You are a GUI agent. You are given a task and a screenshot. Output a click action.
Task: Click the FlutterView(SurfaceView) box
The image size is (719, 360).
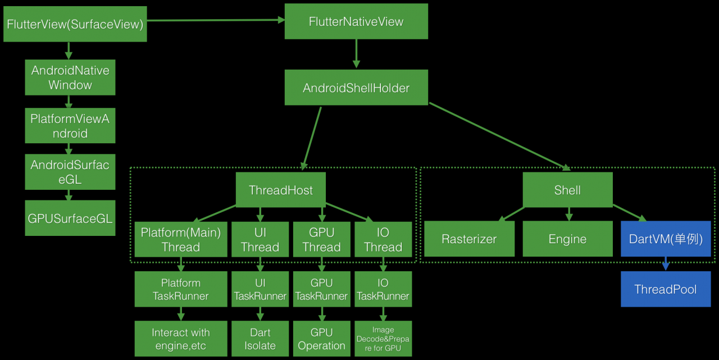point(75,24)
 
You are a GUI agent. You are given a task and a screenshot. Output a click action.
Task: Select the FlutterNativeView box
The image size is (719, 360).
point(356,21)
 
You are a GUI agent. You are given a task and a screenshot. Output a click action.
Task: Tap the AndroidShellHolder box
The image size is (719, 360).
point(356,88)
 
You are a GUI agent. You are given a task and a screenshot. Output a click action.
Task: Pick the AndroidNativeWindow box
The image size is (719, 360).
point(70,78)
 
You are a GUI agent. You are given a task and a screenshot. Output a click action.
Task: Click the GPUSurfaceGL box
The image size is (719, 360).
point(70,218)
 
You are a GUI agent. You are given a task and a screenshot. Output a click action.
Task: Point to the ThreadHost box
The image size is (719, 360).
point(281,190)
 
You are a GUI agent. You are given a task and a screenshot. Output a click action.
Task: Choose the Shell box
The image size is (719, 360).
point(567,190)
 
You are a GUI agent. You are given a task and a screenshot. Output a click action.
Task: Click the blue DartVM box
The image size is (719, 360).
point(666,239)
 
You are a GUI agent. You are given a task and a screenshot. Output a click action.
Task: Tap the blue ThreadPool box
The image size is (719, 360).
point(666,289)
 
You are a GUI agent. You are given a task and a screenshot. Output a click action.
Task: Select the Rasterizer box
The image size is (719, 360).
point(469,239)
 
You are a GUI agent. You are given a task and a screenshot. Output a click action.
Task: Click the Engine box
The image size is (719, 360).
point(567,239)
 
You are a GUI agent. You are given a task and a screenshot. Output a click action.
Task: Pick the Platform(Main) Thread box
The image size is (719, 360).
point(181,239)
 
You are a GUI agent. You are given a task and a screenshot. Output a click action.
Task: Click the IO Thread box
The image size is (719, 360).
point(383,239)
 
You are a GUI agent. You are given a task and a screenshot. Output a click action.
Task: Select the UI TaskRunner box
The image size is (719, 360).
point(260,289)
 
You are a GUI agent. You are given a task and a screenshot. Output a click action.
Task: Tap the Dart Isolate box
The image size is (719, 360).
point(260,339)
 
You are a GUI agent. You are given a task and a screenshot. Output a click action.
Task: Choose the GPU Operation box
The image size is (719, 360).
point(321,339)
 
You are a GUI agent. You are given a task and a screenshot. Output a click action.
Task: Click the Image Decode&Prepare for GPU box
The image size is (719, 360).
point(383,339)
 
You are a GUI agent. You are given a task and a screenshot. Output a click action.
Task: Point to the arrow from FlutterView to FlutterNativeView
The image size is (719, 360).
point(216,20)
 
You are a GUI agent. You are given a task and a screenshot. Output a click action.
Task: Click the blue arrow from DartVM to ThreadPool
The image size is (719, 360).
point(666,263)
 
